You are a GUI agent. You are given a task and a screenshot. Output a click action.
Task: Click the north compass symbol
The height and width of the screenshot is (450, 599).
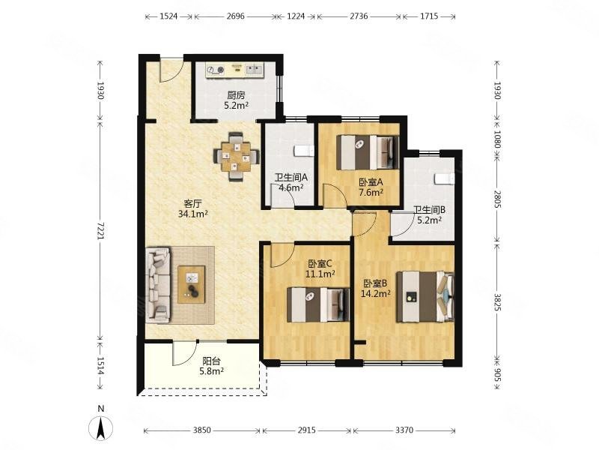(x=100, y=427)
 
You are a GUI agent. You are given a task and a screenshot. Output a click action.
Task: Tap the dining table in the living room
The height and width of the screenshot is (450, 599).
(x=236, y=157)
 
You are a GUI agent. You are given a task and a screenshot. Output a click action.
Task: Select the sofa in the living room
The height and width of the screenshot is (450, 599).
(x=158, y=285)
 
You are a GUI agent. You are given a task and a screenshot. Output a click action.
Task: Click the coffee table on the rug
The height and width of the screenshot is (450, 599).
(x=192, y=285)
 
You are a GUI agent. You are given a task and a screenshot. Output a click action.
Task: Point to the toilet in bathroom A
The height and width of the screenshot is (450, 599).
(x=304, y=151)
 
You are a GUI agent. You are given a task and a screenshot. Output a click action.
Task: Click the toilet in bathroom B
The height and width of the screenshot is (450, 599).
(x=444, y=178)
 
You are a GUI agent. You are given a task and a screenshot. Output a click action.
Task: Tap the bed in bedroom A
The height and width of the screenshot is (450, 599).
(x=368, y=152)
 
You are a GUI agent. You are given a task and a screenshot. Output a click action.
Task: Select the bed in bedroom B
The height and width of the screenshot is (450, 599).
(x=425, y=296)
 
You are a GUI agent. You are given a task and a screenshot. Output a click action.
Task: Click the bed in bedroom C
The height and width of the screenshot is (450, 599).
(x=318, y=304)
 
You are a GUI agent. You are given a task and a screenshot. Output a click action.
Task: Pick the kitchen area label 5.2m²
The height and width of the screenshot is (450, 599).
(x=236, y=105)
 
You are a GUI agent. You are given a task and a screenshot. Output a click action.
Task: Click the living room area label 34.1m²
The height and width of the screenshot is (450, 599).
(x=193, y=214)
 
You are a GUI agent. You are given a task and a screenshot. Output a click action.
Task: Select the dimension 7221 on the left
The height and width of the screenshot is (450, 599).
(x=100, y=231)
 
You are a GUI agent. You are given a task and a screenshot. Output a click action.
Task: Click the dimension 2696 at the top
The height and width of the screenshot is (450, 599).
(x=235, y=16)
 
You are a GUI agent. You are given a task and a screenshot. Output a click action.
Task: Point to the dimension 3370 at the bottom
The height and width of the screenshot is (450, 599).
(x=404, y=430)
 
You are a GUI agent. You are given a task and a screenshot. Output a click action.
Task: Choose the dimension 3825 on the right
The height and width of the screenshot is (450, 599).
(x=497, y=302)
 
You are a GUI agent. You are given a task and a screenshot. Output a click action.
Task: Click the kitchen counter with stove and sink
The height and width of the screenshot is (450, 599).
(x=235, y=70)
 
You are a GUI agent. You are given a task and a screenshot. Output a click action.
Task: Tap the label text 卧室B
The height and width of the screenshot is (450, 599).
(x=376, y=283)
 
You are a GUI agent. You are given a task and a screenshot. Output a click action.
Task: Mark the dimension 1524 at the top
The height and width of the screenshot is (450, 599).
(x=168, y=16)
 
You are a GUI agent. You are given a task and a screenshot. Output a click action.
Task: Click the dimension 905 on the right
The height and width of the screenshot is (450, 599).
(x=497, y=373)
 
